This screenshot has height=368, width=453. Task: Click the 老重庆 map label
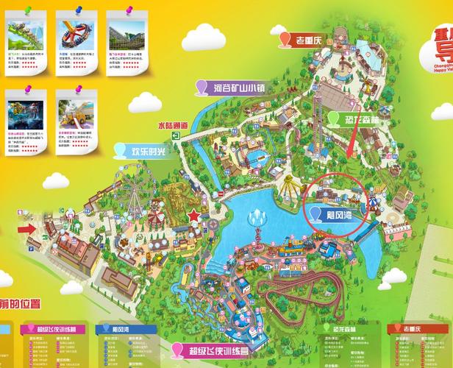coord(314,40)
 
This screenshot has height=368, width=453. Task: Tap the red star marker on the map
coord(194,216)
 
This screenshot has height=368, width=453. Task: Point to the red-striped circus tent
coord(156,215)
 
